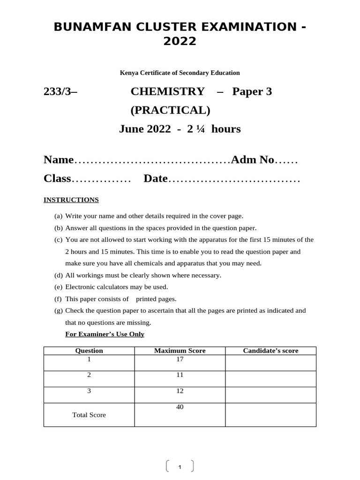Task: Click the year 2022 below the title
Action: (x=180, y=42)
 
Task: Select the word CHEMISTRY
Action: (x=167, y=91)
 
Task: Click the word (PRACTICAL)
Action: (x=170, y=110)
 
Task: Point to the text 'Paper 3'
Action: (x=252, y=91)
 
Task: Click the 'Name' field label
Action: (x=59, y=160)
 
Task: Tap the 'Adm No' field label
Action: (x=253, y=160)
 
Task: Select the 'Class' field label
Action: (x=57, y=179)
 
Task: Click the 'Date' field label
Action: (x=156, y=179)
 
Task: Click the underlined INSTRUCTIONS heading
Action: (x=71, y=200)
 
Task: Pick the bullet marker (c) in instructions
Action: (x=58, y=240)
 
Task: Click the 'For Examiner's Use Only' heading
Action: (x=105, y=334)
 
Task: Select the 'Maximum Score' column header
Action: (x=180, y=351)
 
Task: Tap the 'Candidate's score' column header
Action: (x=270, y=351)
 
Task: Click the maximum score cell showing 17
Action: (x=180, y=360)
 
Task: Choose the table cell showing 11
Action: (x=180, y=375)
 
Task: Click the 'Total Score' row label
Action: (x=89, y=415)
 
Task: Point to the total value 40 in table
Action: (x=180, y=407)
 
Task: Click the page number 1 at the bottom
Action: (x=180, y=467)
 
